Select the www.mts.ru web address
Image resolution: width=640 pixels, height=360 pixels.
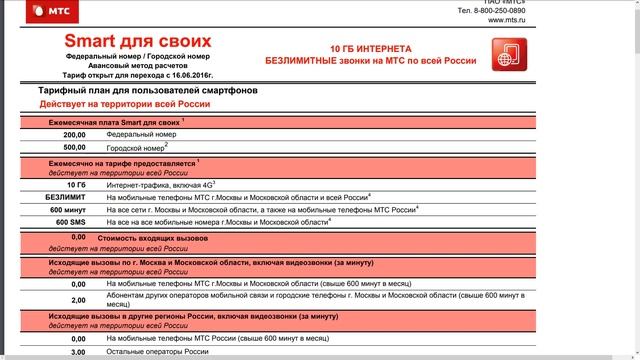[x=507, y=20]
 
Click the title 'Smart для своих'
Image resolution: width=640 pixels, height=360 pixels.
[x=138, y=41]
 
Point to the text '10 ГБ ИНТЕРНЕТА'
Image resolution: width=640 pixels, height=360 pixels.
[x=371, y=48]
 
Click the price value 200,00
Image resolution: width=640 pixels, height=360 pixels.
[x=74, y=134]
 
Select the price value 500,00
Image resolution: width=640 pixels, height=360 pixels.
[x=74, y=147]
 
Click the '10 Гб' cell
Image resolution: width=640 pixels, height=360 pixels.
[x=74, y=185]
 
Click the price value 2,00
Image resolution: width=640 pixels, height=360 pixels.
[x=78, y=300]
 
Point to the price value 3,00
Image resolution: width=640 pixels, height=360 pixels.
[x=78, y=352]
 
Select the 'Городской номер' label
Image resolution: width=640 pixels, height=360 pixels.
[x=135, y=147]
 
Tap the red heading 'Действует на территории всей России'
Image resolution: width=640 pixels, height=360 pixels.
[x=124, y=104]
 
